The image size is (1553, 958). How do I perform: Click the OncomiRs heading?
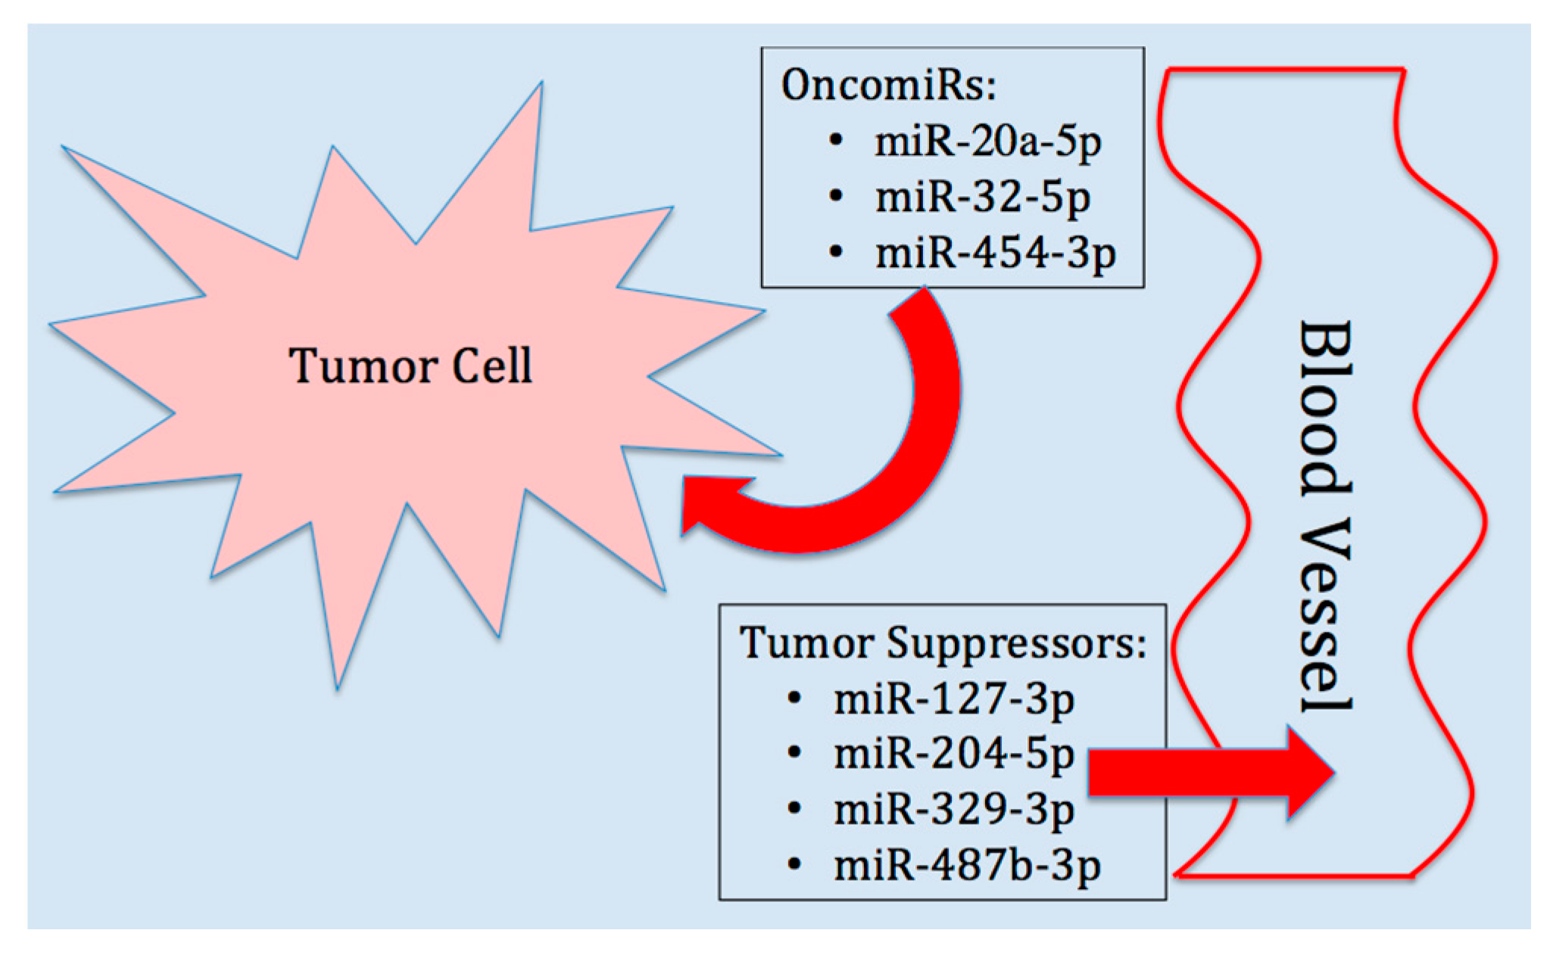pos(888,85)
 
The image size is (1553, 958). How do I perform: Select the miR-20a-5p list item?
pos(987,142)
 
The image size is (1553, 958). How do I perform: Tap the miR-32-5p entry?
pos(982,198)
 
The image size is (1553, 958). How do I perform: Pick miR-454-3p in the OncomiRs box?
pos(995,253)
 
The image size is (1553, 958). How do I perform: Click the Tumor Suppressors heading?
pos(942,643)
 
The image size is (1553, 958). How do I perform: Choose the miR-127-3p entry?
pos(953,699)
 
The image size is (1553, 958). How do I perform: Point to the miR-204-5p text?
pos(953,754)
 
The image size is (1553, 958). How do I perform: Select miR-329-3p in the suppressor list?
pos(953,810)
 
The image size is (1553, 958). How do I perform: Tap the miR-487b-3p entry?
pos(967,866)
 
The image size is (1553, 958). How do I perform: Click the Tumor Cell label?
pos(410,366)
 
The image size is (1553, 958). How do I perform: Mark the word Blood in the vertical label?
pos(1325,409)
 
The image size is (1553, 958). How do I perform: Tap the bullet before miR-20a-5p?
pos(836,141)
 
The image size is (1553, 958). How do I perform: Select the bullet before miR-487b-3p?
pos(794,864)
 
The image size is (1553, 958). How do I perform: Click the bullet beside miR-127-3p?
pos(794,698)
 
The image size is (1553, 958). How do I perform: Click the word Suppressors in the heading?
pos(1015,644)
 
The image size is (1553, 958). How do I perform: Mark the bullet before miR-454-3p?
pos(836,252)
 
